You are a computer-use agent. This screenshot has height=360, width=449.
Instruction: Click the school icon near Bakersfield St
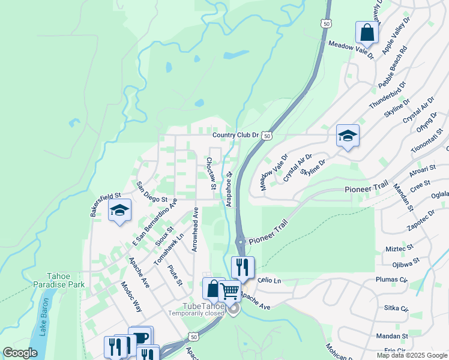coord(119,210)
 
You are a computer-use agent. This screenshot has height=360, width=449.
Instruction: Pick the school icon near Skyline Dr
coord(348,136)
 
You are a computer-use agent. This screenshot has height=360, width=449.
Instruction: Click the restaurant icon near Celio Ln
coord(243,266)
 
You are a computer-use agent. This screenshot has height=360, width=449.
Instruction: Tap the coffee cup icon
coord(141,337)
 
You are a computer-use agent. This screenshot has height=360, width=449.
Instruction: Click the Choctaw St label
coord(211,173)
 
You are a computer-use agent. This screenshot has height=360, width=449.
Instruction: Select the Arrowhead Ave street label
coord(195,230)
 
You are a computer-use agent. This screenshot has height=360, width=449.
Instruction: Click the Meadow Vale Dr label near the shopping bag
coord(351,49)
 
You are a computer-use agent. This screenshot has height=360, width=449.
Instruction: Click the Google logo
coord(20,353)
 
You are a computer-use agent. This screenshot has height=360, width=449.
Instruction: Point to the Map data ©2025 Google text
coord(411,355)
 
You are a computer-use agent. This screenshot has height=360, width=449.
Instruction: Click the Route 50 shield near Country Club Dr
coord(267,136)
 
